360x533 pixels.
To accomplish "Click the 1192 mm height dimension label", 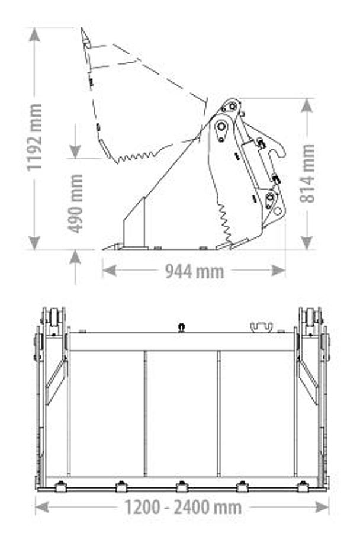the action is pyautogui.click(x=35, y=137).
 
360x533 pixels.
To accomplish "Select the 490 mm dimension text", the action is pyautogui.click(x=75, y=204).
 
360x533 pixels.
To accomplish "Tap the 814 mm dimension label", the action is pyautogui.click(x=308, y=174).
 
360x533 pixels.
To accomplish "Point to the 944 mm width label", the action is pyautogui.click(x=195, y=271).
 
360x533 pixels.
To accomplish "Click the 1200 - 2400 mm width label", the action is pyautogui.click(x=183, y=508).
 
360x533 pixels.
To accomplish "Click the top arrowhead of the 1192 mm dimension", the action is pyautogui.click(x=34, y=35).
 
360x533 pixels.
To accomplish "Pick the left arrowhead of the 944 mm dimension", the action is pyautogui.click(x=109, y=271).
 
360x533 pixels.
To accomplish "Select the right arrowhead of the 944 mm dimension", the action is pyautogui.click(x=278, y=271).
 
